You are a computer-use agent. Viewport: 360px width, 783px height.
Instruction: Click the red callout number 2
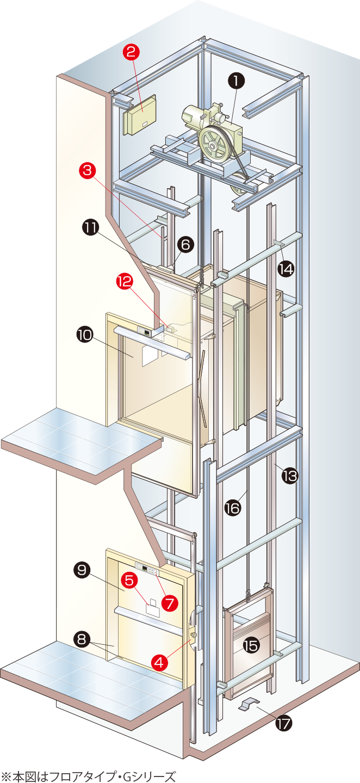131,52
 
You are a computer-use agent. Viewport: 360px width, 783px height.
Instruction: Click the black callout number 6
185,245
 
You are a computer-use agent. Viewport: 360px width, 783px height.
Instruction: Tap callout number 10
85,335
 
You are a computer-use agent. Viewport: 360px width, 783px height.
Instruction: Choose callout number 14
286,269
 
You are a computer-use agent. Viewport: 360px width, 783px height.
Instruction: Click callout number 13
290,476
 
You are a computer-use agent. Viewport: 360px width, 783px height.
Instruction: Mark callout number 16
233,508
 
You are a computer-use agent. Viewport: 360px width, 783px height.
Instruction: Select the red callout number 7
170,603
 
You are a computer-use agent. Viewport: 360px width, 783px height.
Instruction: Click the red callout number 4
159,662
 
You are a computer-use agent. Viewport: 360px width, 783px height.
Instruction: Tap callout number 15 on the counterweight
251,646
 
